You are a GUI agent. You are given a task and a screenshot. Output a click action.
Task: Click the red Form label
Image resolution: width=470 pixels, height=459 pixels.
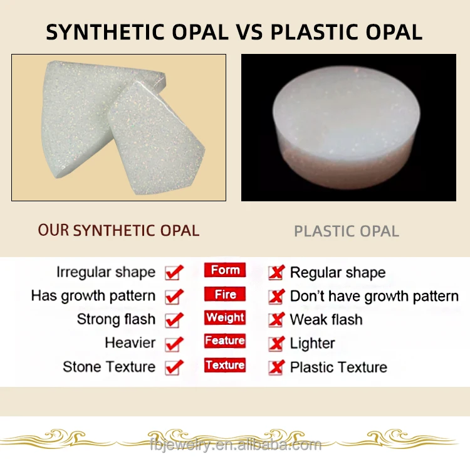point(225,270)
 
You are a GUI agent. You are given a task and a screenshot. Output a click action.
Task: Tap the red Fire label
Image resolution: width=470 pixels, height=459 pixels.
point(225,294)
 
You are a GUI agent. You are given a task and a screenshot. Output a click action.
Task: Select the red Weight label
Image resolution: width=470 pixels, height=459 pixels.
point(225,317)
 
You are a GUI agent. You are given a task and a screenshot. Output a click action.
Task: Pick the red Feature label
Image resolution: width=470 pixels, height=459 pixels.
point(225,340)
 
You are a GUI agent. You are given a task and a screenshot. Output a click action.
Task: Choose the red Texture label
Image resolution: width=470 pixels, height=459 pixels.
point(225,365)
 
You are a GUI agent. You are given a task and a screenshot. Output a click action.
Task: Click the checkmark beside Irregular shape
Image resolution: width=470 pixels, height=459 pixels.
point(174,272)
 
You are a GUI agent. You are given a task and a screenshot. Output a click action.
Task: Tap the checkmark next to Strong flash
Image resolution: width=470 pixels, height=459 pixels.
point(174,320)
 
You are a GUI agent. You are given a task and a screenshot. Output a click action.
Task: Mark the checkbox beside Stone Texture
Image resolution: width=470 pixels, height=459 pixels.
point(174,367)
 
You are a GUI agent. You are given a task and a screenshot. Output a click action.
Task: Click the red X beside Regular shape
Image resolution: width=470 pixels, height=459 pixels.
point(276,273)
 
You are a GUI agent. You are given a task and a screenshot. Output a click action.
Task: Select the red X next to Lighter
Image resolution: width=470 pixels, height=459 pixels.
point(276,344)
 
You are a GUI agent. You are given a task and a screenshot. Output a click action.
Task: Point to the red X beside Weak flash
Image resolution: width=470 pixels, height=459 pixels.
point(276,320)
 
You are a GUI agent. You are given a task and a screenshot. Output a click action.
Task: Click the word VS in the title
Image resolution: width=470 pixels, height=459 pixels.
point(249,32)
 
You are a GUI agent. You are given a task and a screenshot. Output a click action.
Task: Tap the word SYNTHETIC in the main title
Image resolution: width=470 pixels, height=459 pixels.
point(105,32)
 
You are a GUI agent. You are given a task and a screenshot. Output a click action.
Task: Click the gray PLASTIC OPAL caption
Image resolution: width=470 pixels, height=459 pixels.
point(347,231)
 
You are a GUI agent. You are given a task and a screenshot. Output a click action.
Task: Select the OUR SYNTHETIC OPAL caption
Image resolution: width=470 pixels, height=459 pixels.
point(118,230)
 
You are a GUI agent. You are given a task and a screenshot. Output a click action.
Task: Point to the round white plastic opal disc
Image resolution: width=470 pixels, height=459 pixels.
point(347,127)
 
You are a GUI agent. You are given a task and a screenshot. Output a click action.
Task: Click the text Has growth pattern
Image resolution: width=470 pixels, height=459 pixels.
point(93,296)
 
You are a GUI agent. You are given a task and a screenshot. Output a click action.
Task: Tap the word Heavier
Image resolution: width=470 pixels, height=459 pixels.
point(130,342)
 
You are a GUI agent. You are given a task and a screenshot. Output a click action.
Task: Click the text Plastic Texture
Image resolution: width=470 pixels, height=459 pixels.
point(338,367)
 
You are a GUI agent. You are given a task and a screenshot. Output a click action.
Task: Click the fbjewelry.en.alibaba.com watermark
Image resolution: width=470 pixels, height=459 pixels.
point(236,444)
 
